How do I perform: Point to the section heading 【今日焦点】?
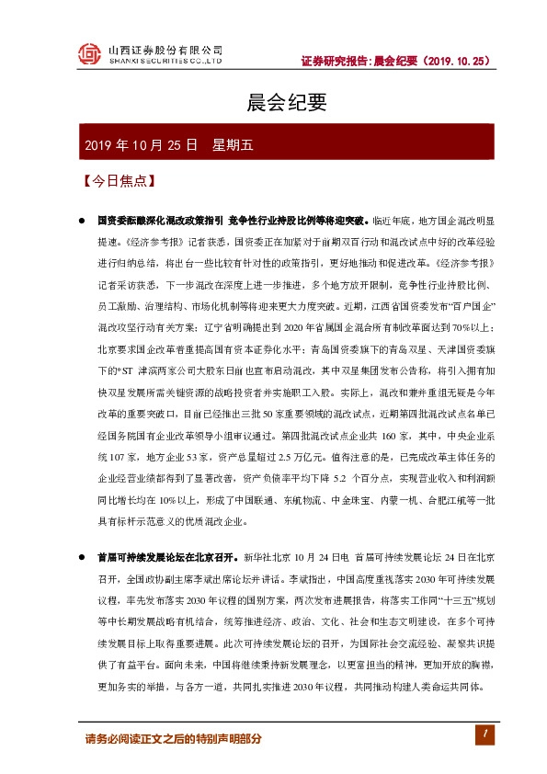(x=117, y=181)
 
